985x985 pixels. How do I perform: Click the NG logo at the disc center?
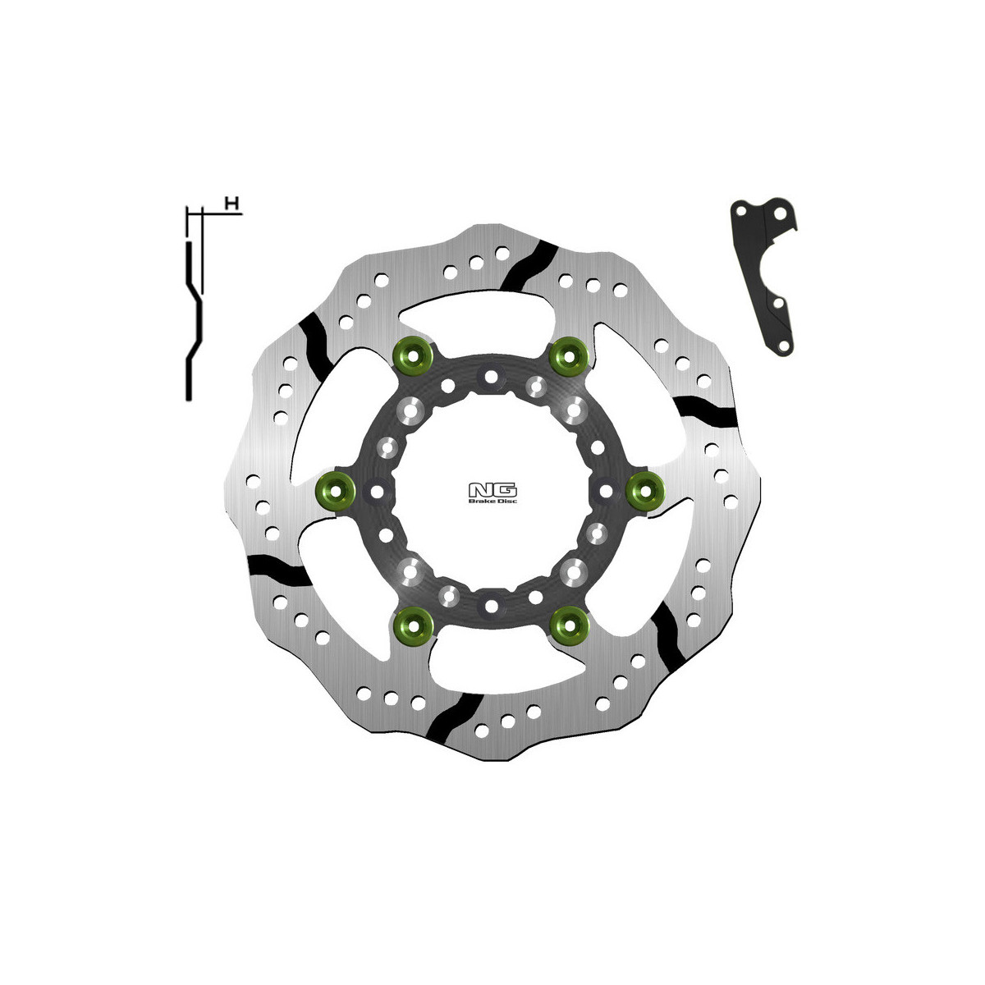pyautogui.click(x=492, y=490)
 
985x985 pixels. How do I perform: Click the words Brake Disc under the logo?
pyautogui.click(x=492, y=501)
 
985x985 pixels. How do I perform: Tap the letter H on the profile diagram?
pyautogui.click(x=232, y=204)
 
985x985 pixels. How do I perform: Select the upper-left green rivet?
pyautogui.click(x=414, y=355)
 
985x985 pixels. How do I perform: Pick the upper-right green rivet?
pyautogui.click(x=568, y=356)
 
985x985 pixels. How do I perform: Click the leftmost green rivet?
pyautogui.click(x=336, y=491)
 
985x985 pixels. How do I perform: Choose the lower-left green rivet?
pyautogui.click(x=414, y=626)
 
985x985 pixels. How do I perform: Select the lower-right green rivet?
pyautogui.click(x=569, y=625)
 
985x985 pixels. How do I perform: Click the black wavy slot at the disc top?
pyautogui.click(x=529, y=266)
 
